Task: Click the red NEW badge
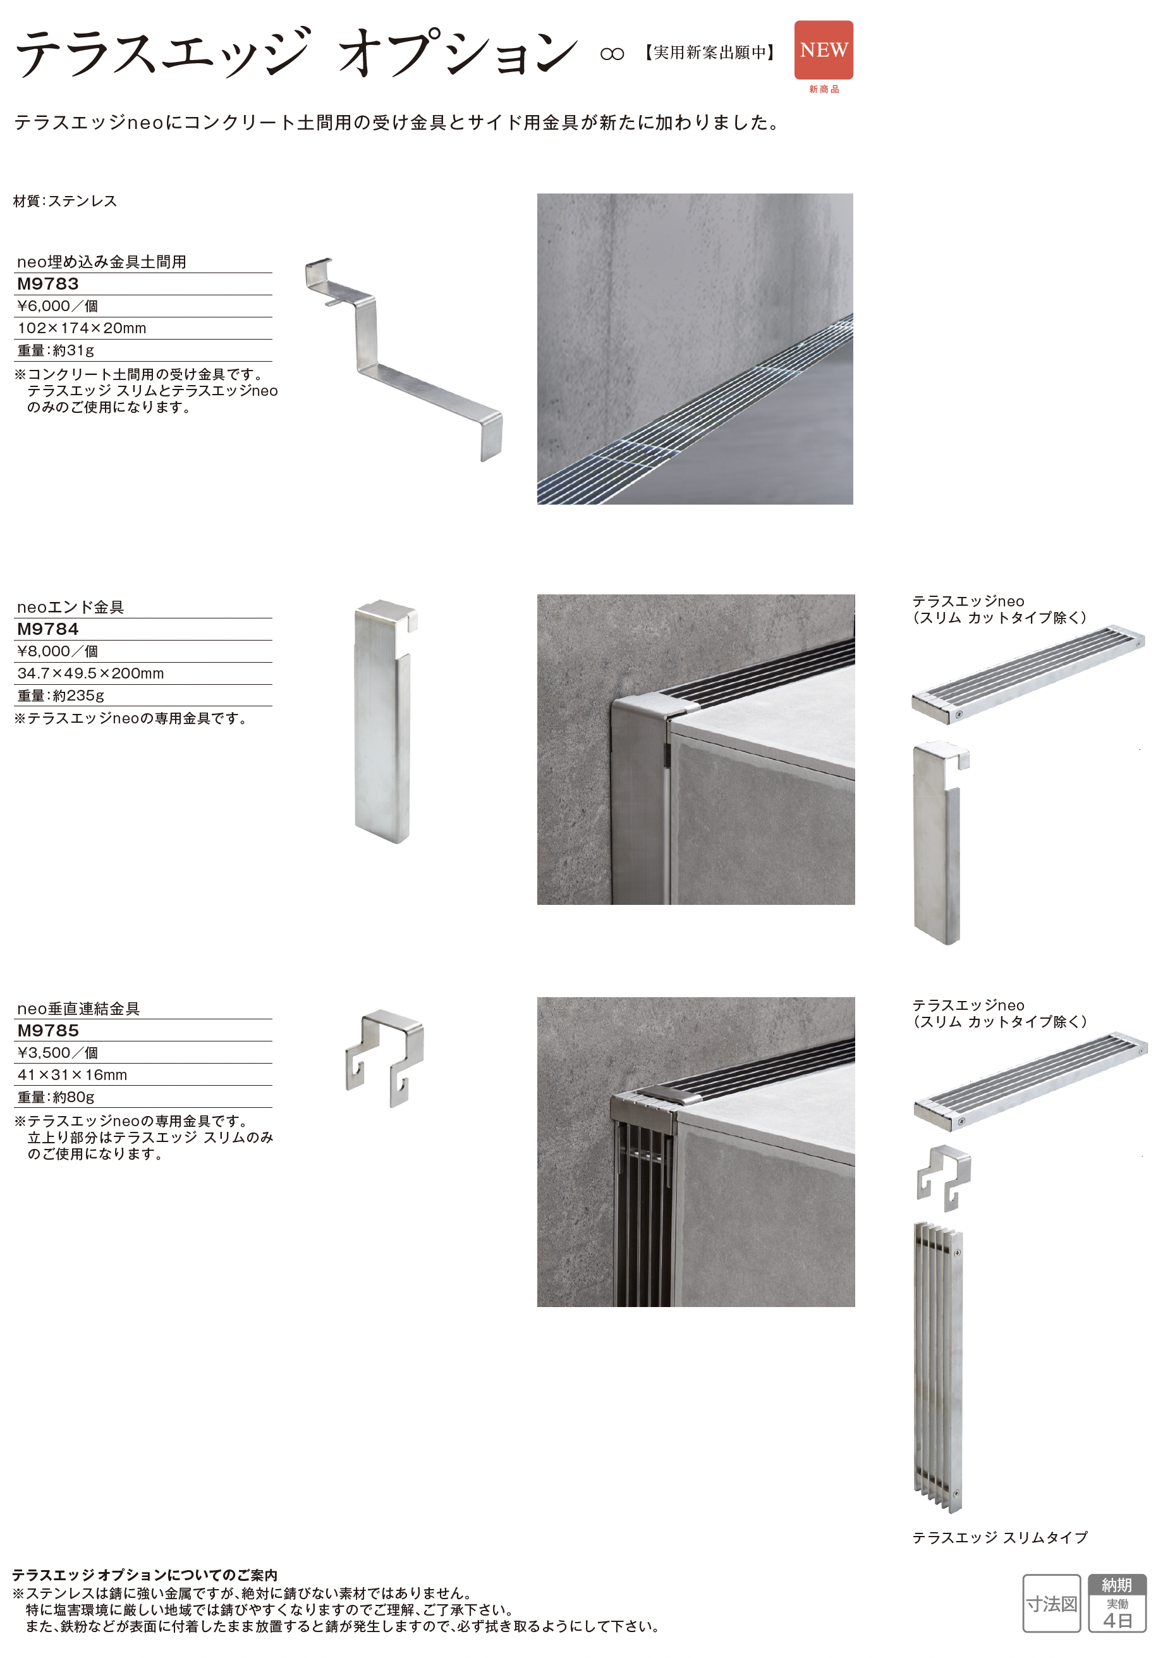tap(824, 50)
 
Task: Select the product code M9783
tap(47, 284)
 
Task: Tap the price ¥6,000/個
tap(58, 306)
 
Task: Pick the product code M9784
tap(47, 629)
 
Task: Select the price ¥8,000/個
tap(58, 651)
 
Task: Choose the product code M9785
tap(47, 1031)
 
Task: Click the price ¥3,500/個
tap(58, 1053)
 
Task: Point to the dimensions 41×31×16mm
tap(72, 1075)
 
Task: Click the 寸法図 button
tap(1052, 1604)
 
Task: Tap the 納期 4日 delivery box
tap(1117, 1604)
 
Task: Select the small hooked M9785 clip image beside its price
tap(385, 1058)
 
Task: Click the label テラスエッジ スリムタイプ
tap(1000, 1538)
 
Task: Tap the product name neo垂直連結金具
tap(78, 1009)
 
